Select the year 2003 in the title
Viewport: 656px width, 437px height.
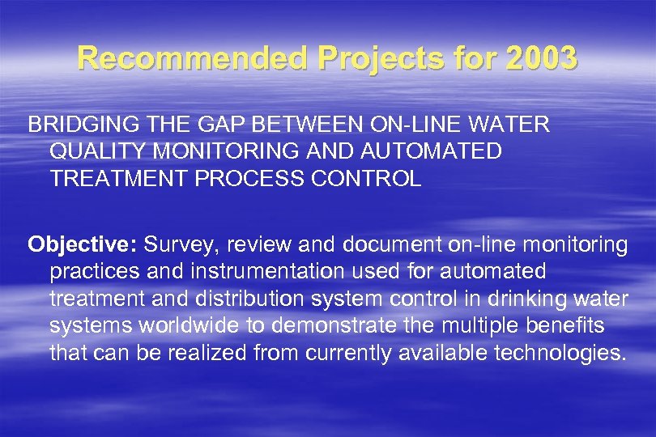point(542,57)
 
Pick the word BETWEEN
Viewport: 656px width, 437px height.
point(292,125)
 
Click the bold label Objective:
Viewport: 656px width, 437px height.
point(83,245)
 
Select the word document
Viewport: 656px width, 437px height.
point(386,245)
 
